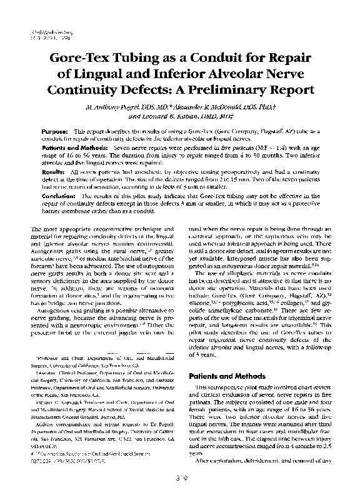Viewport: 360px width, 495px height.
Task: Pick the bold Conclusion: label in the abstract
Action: click(x=58, y=196)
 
